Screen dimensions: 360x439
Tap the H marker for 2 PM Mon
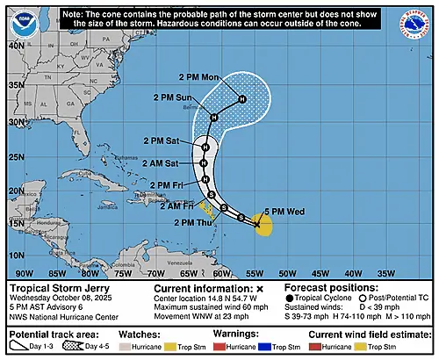(242, 99)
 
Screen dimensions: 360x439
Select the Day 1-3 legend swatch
(20, 349)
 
